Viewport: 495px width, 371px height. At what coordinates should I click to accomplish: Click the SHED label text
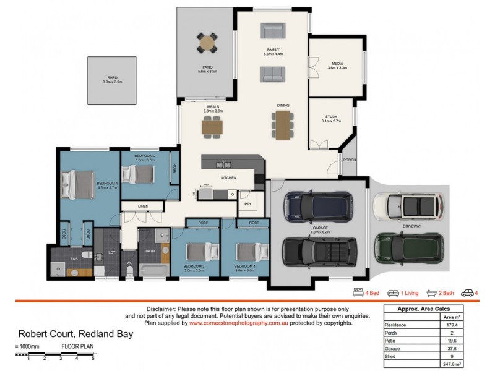click(x=113, y=77)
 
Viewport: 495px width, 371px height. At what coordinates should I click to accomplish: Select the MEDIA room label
click(x=337, y=63)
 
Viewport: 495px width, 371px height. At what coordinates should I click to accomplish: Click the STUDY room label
click(x=331, y=117)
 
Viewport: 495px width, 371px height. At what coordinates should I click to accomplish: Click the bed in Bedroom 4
click(x=245, y=252)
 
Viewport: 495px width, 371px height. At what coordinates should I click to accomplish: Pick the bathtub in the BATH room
click(x=151, y=271)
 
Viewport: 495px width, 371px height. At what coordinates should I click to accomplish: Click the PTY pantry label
click(x=247, y=203)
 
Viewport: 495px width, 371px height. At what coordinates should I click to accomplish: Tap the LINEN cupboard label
click(x=143, y=206)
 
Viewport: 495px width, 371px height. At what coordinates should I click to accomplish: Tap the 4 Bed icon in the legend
click(x=357, y=292)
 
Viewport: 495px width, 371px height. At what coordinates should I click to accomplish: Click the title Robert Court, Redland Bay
click(x=75, y=335)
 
